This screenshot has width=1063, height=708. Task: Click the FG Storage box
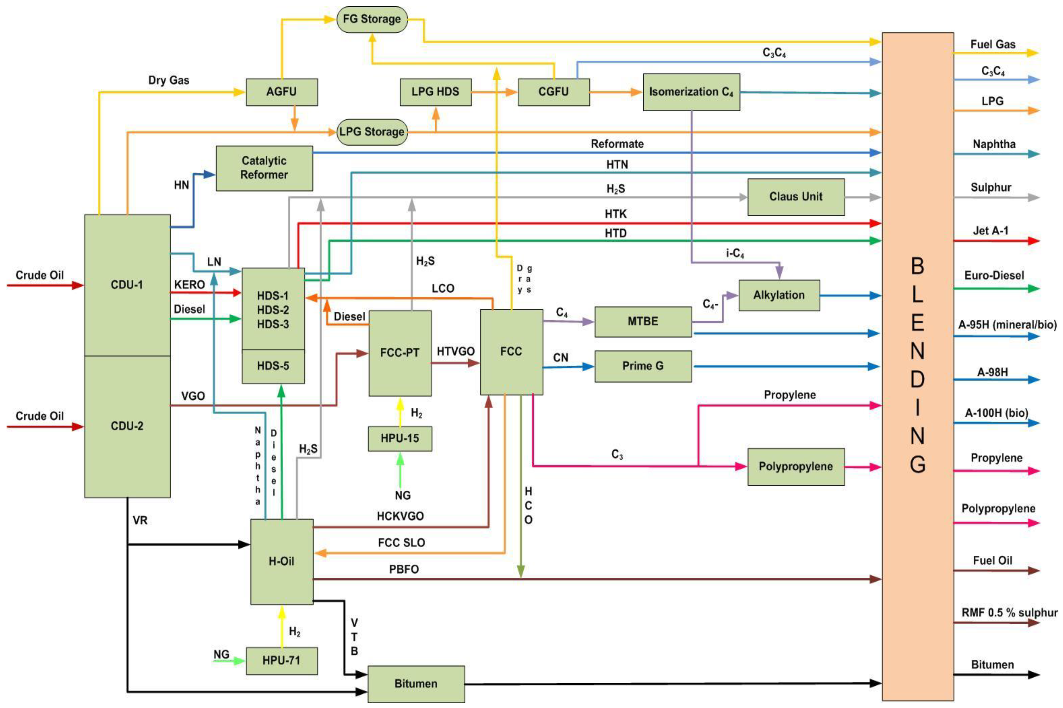tap(372, 19)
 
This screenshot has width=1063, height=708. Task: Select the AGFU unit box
tap(282, 92)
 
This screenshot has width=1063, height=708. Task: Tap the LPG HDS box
tap(435, 92)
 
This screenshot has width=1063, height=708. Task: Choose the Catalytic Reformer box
tap(264, 168)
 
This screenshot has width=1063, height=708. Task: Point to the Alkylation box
tap(779, 295)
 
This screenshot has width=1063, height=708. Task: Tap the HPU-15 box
tap(400, 438)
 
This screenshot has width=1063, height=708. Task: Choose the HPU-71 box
tap(282, 661)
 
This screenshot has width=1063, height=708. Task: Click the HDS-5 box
tap(273, 366)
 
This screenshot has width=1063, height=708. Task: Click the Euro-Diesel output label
tap(994, 275)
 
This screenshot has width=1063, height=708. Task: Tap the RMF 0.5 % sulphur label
tap(1009, 613)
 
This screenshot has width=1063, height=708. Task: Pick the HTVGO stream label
tap(455, 351)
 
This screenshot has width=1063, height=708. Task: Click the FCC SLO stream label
tap(401, 543)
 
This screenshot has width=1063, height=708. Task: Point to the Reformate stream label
tap(617, 144)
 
